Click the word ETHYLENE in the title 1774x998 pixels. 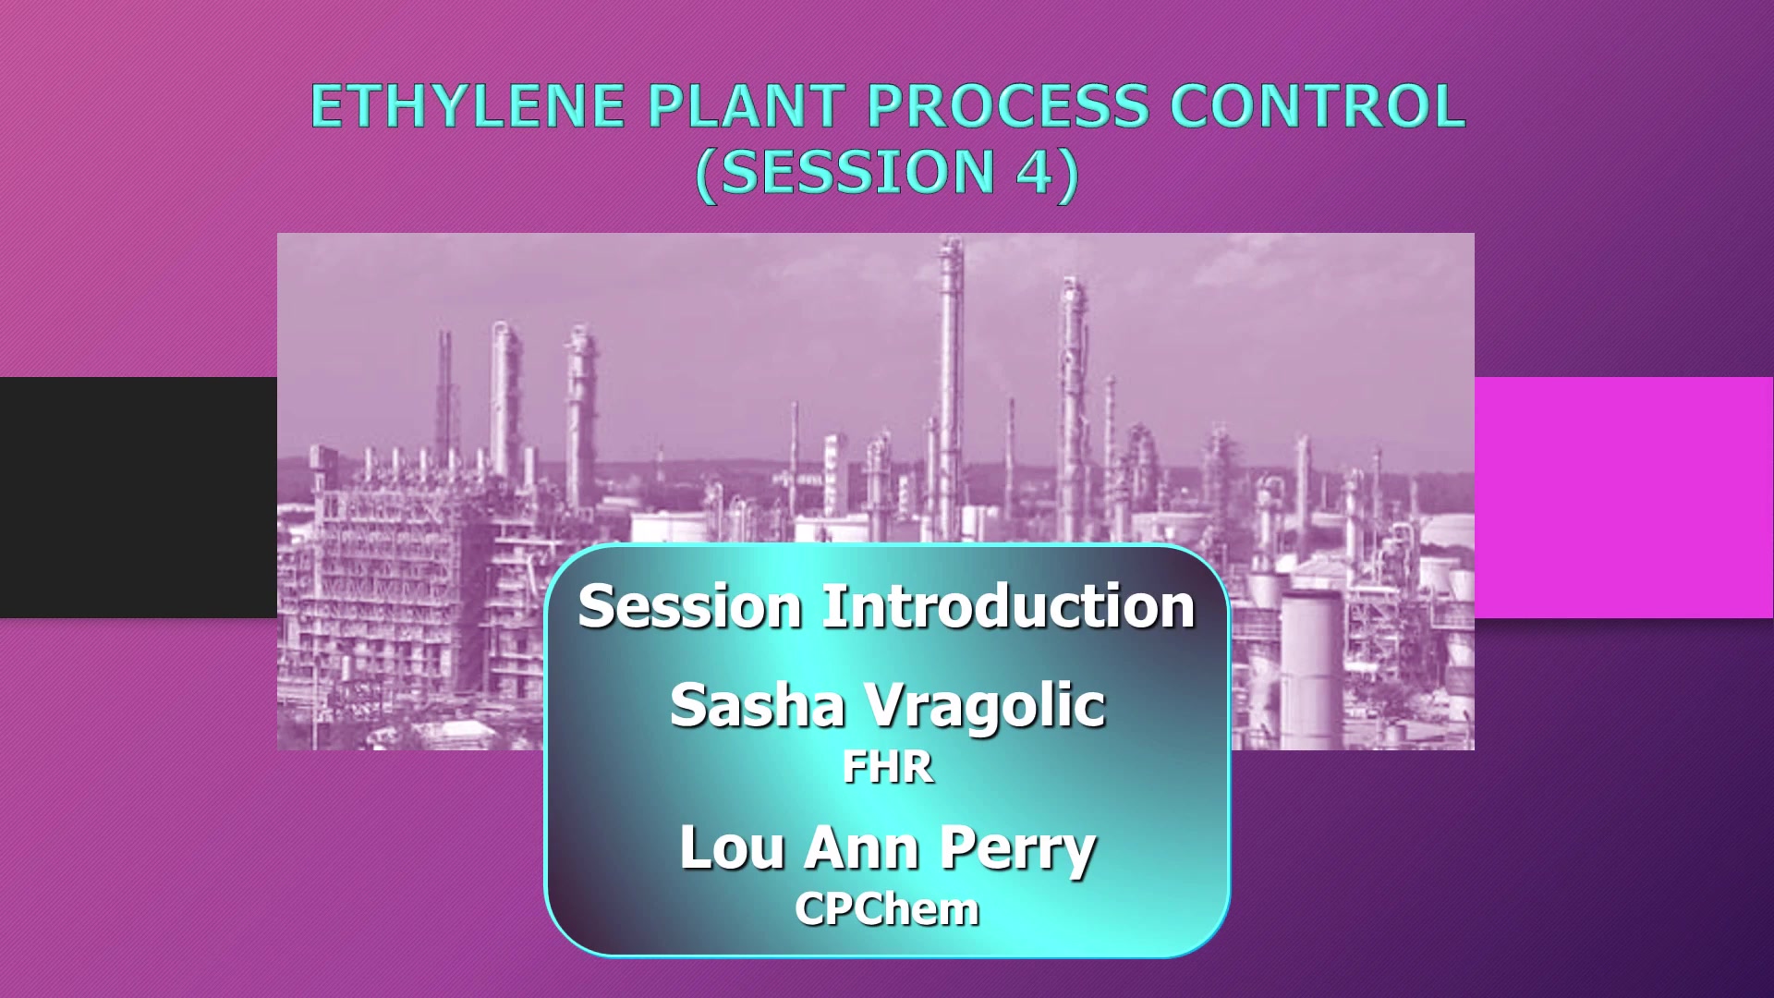click(x=468, y=105)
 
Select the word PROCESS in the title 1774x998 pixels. click(x=1008, y=105)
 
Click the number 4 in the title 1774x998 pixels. click(x=1034, y=172)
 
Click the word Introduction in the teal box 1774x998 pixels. click(x=1009, y=606)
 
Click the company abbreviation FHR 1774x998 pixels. click(x=888, y=768)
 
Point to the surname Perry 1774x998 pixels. click(x=1017, y=850)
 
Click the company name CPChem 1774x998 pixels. click(x=887, y=909)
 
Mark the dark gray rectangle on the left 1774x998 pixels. click(x=139, y=497)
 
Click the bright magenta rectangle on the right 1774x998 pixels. click(x=1624, y=497)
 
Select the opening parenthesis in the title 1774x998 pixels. click(x=706, y=174)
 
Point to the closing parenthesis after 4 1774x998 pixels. click(x=1067, y=174)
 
